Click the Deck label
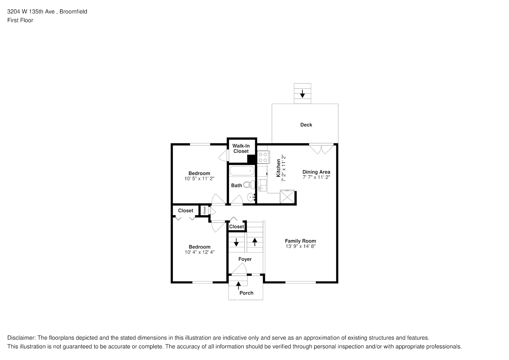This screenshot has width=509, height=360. tap(306, 125)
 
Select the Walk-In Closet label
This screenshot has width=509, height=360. tap(241, 148)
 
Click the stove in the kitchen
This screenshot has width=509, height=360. tap(263, 157)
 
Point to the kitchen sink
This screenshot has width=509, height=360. tap(262, 185)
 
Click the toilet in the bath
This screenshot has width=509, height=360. tap(248, 185)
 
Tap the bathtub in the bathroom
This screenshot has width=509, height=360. tap(242, 171)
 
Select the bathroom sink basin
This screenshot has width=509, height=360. tap(251, 197)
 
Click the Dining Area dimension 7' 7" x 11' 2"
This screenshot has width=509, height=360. tap(316, 177)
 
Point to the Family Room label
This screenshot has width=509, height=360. tap(300, 241)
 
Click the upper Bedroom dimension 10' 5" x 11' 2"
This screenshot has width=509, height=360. tap(199, 178)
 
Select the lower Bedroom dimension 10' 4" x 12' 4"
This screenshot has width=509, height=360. tap(199, 252)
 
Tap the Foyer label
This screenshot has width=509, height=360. tap(245, 259)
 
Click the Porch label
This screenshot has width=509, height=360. tap(246, 293)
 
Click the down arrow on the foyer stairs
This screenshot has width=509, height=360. tap(236, 242)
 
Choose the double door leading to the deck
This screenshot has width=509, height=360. tap(321, 149)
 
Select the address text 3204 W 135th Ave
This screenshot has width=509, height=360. tap(31, 12)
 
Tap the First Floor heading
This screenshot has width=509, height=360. tap(20, 20)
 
